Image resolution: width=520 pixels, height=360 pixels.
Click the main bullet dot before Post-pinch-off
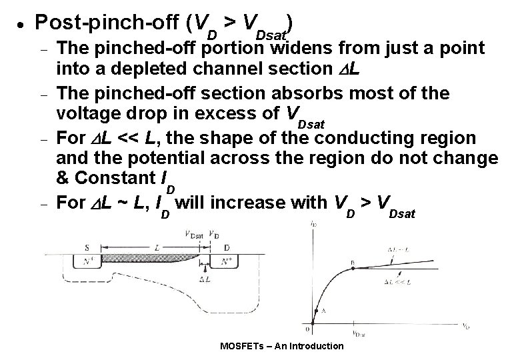[x=23, y=23]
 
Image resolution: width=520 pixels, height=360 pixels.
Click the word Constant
[x=111, y=179]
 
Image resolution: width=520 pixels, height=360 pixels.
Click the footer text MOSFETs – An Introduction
[x=281, y=345]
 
